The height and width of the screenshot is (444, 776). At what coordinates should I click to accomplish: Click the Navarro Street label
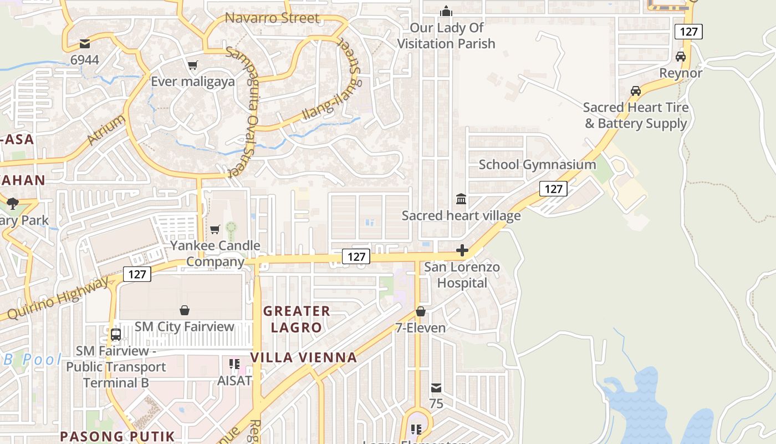click(272, 18)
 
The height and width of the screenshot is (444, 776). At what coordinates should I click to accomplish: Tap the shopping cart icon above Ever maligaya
click(193, 65)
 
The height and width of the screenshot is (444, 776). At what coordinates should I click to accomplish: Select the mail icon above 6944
click(85, 43)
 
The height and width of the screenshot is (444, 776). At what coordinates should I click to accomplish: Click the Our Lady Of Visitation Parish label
click(446, 36)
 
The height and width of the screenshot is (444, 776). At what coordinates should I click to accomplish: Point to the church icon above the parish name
click(446, 11)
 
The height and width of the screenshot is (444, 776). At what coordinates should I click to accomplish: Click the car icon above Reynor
click(681, 57)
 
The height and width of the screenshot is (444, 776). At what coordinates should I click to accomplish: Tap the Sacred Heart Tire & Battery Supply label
click(636, 115)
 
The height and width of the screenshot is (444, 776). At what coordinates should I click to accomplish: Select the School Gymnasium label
click(537, 164)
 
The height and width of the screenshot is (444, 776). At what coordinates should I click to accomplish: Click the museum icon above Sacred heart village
click(461, 199)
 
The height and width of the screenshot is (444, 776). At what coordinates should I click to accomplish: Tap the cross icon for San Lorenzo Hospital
click(462, 251)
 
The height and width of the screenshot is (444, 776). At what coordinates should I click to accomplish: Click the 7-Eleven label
click(421, 327)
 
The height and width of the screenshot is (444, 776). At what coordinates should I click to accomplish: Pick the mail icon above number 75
click(436, 387)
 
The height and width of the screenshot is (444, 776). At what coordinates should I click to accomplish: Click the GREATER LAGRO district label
click(297, 319)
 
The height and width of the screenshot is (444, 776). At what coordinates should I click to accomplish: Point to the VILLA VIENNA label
click(304, 357)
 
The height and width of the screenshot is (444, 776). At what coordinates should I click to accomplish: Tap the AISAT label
click(234, 381)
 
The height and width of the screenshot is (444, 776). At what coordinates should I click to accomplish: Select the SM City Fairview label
click(185, 326)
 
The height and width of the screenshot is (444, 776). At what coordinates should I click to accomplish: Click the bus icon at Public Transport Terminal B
click(116, 335)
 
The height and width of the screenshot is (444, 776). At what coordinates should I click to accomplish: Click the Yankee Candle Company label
click(215, 253)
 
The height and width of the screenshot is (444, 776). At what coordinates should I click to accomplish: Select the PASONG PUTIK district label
click(118, 436)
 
